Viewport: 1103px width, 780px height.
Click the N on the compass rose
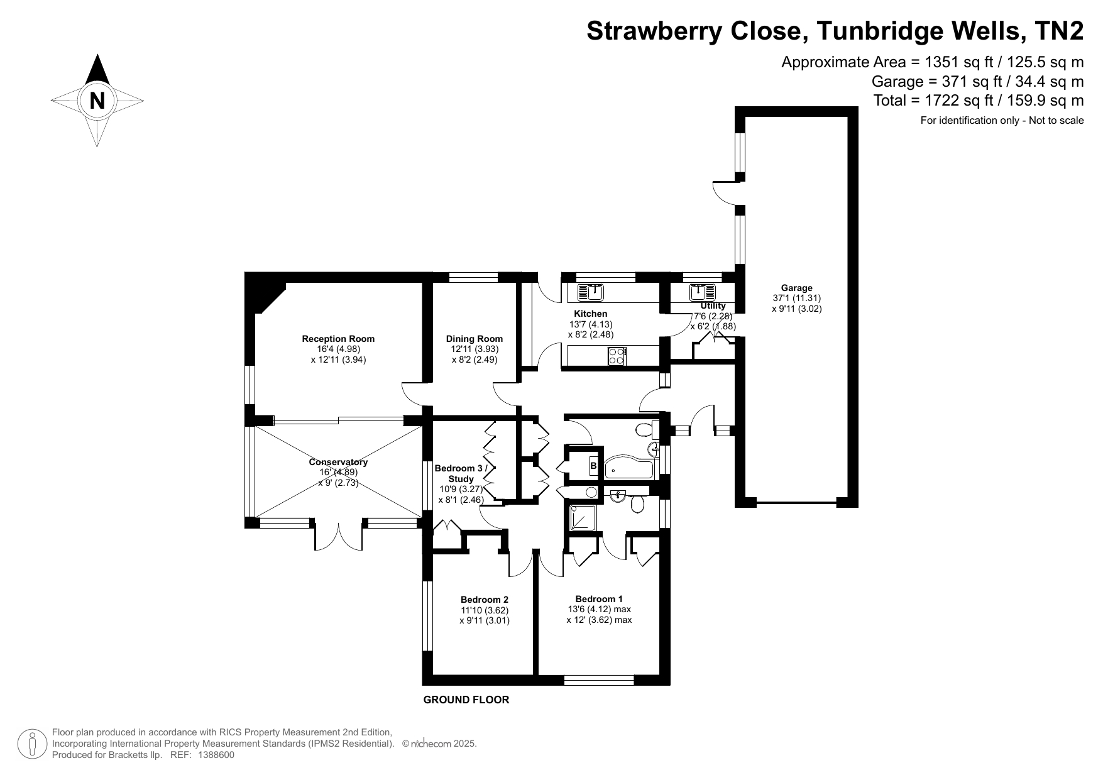(x=97, y=101)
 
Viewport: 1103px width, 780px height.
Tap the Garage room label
(x=796, y=288)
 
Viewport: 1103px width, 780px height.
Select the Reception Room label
(x=338, y=339)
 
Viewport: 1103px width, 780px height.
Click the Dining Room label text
(x=475, y=339)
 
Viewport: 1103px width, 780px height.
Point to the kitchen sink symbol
(x=590, y=292)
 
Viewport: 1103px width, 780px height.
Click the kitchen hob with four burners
(x=617, y=356)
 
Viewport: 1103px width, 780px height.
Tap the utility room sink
(x=703, y=292)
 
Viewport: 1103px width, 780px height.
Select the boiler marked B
(x=593, y=466)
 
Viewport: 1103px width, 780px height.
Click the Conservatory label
(x=338, y=462)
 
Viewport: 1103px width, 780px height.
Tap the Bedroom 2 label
(x=484, y=600)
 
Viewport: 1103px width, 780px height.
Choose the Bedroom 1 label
(x=599, y=599)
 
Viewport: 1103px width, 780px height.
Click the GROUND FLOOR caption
(x=466, y=700)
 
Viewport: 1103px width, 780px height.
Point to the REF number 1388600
(x=216, y=755)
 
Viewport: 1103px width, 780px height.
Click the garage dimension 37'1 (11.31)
(x=796, y=298)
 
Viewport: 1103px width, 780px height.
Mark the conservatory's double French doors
(x=338, y=536)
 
